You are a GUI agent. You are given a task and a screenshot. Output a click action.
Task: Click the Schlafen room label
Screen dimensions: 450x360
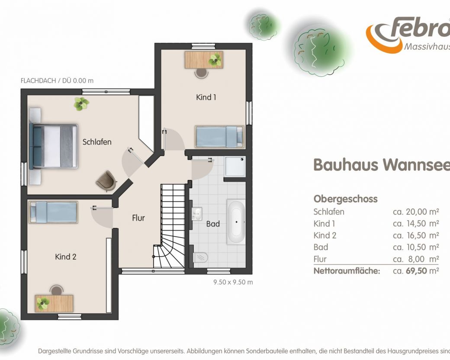point(97,142)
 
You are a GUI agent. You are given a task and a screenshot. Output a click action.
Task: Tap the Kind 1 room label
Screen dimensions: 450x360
point(206,97)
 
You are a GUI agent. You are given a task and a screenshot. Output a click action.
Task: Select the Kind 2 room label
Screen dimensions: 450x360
point(65,257)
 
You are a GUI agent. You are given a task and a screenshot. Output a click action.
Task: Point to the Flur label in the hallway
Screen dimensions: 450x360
point(138,218)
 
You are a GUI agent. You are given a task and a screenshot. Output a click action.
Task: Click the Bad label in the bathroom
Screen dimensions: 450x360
point(213,224)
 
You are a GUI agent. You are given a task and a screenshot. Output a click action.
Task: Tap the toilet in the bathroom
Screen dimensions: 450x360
point(200,257)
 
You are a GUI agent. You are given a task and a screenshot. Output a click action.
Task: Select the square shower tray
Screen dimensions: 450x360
point(235,167)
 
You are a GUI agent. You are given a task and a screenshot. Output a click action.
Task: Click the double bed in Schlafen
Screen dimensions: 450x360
point(53,146)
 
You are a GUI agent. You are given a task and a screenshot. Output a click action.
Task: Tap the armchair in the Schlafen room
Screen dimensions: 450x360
point(106,181)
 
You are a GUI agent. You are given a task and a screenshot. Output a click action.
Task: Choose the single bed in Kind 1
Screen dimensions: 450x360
point(219,137)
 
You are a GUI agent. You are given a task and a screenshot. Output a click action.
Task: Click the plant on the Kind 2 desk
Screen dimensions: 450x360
point(43,303)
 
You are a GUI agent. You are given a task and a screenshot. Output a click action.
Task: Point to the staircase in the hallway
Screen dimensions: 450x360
point(169,226)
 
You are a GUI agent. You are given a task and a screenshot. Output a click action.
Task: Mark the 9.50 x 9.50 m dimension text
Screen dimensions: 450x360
point(233,282)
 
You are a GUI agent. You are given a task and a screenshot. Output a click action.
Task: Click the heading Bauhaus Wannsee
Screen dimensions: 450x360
point(381,164)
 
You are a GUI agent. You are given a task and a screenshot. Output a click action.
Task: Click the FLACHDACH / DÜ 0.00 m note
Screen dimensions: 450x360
point(57,80)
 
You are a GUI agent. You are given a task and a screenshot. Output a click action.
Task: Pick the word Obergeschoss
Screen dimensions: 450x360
point(346,199)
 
